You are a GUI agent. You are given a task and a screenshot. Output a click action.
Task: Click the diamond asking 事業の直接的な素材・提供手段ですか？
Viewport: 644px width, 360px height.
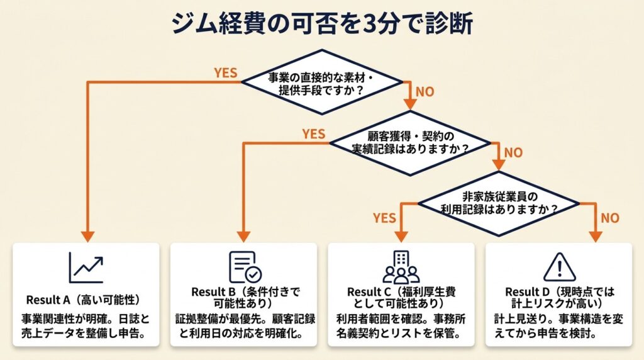[x=322, y=82]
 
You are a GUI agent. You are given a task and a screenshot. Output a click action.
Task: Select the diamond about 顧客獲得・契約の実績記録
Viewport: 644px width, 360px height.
[x=410, y=143]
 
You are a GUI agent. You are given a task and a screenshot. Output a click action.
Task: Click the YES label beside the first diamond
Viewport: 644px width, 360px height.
[x=225, y=72]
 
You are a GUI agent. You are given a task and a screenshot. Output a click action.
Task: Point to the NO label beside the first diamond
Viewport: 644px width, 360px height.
[x=425, y=91]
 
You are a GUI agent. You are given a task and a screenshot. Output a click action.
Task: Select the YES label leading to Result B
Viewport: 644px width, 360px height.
[x=313, y=133]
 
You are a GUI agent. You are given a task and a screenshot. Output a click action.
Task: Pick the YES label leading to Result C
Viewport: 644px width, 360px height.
[x=384, y=218]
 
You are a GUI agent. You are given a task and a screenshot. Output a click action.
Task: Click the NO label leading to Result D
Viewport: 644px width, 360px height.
[x=609, y=218]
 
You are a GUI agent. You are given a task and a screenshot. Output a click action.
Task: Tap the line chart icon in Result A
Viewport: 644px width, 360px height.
[x=86, y=267]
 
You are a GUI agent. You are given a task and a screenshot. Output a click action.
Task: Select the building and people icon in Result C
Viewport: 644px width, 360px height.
[x=401, y=267]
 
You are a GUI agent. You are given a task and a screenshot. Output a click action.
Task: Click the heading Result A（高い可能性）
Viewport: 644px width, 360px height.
[x=83, y=298]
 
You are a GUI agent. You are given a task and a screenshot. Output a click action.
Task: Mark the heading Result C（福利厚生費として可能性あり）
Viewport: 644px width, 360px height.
[x=401, y=298]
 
